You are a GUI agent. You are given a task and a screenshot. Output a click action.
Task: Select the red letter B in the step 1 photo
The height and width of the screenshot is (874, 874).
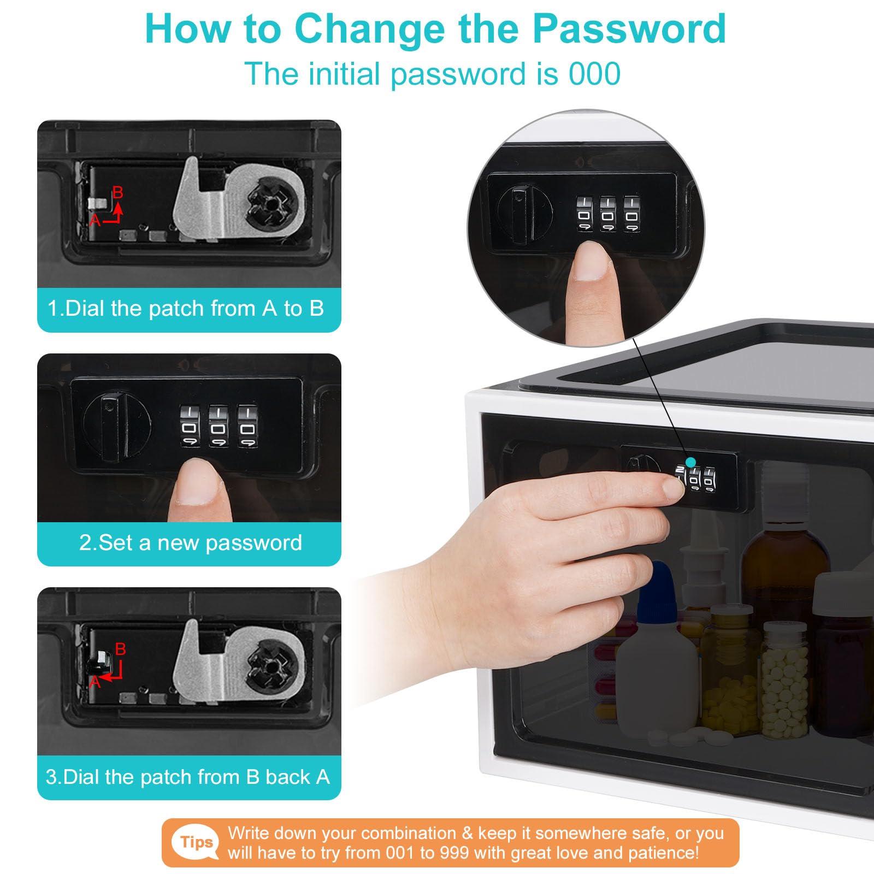pos(117,192)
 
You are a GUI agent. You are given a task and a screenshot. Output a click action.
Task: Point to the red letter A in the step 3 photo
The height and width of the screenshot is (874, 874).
pos(95,682)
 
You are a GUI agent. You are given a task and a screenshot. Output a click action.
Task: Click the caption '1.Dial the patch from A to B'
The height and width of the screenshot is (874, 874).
pos(186,308)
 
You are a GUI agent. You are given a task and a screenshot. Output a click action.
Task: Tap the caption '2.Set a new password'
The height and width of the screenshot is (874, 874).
pos(191,542)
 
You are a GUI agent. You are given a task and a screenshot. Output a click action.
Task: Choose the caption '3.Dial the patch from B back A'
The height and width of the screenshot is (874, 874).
pos(188,776)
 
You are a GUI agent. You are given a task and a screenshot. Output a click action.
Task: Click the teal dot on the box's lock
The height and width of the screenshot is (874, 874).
pos(692,463)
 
